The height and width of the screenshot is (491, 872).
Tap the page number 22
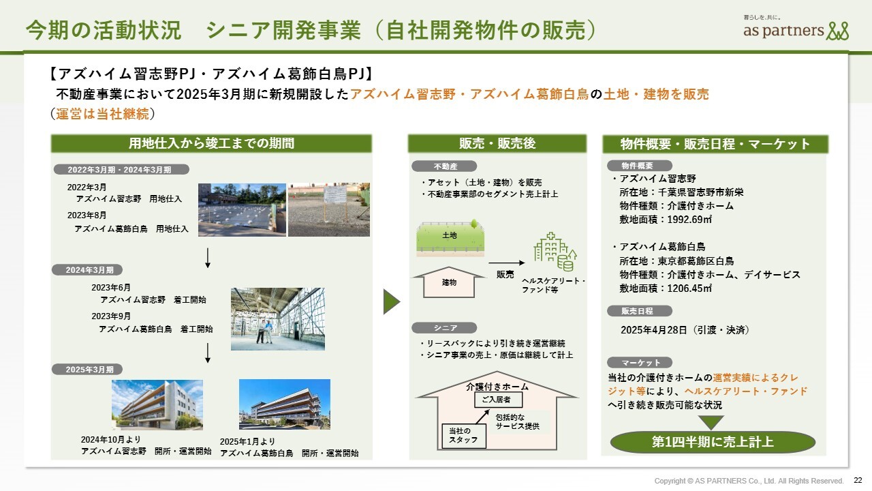858,480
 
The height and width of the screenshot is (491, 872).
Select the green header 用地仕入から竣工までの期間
211,143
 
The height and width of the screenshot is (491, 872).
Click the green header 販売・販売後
497,143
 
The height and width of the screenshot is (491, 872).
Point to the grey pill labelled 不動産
444,166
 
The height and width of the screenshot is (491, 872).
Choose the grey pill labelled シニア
444,328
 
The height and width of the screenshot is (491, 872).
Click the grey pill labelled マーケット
640,363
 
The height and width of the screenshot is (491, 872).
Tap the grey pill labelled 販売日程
640,311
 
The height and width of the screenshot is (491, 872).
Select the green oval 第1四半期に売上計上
713,442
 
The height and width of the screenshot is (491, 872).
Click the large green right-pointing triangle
391,301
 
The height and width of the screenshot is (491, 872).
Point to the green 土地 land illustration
450,238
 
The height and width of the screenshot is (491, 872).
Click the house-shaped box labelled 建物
449,282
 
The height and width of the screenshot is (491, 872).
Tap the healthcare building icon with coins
555,252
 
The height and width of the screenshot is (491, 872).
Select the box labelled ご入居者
498,400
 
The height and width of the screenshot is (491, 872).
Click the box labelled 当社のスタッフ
464,436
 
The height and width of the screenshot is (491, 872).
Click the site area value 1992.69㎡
689,220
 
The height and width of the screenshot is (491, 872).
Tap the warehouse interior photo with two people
277,319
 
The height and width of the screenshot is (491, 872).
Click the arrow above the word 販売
506,263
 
